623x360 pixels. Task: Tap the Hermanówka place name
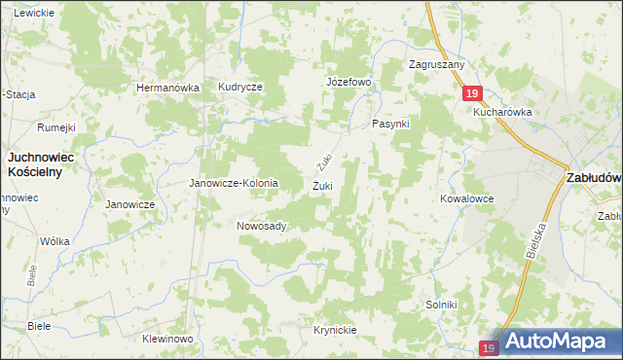pos(168,88)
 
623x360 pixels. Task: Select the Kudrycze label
pos(240,87)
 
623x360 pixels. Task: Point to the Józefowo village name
pos(348,82)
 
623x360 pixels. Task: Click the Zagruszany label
pos(437,64)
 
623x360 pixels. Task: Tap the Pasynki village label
pos(392,126)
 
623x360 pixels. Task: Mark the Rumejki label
pos(56,127)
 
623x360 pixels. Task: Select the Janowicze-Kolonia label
pos(234,183)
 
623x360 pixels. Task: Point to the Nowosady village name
pos(261,226)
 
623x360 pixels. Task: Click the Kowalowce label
pos(466,198)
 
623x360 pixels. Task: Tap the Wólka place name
pos(55,240)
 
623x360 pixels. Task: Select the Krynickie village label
pos(335,330)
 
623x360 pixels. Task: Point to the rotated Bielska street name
pos(531,239)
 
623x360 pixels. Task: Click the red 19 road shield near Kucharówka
pos(471,93)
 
